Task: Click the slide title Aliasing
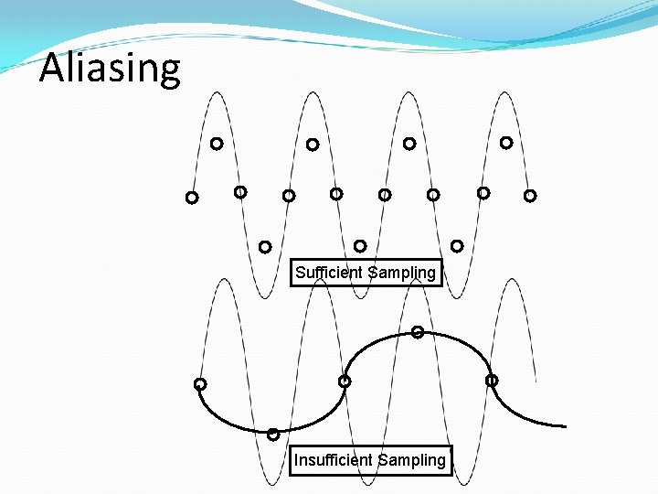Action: [110, 68]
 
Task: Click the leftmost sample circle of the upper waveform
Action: [192, 198]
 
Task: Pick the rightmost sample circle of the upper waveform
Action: [530, 196]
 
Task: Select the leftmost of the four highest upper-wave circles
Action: [217, 144]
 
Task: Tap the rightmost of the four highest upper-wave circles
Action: [506, 143]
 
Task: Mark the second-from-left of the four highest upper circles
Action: [313, 145]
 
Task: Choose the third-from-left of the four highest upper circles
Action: [409, 144]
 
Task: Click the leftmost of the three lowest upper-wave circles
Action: [265, 247]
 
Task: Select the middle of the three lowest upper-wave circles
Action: [360, 246]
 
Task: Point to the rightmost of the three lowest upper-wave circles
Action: [457, 246]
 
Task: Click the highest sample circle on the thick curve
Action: [417, 332]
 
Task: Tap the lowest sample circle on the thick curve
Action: [273, 435]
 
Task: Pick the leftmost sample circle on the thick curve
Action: [200, 384]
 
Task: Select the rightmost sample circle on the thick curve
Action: [492, 380]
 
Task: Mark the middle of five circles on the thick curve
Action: [345, 381]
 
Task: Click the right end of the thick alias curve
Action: [565, 426]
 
